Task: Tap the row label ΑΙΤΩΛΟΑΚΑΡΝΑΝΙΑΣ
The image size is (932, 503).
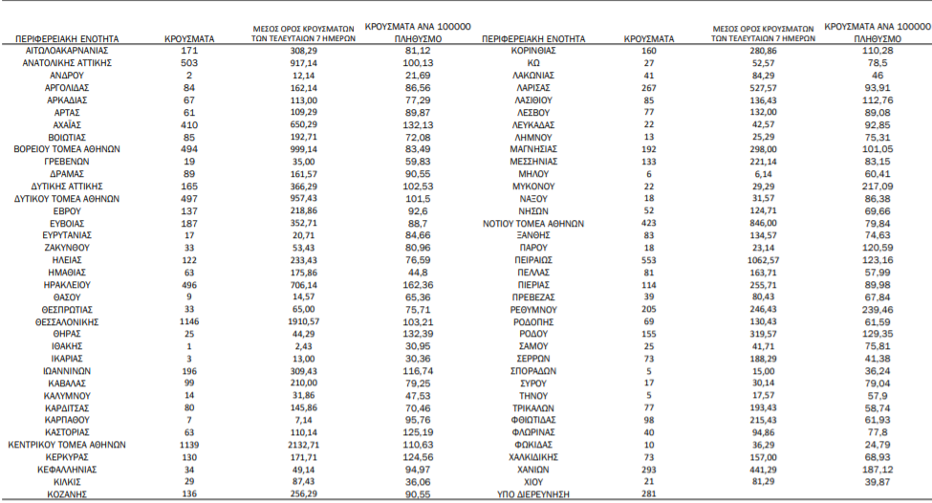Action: (x=66, y=49)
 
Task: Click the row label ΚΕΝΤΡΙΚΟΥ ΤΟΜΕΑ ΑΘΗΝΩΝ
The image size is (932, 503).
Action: (x=66, y=446)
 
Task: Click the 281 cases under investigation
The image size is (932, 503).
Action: (x=649, y=494)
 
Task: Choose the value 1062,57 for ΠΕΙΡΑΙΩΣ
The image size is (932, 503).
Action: (x=762, y=259)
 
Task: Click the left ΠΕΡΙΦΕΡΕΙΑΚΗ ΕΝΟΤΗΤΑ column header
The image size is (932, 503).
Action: (x=65, y=38)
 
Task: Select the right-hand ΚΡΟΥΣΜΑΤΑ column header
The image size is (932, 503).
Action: (x=649, y=38)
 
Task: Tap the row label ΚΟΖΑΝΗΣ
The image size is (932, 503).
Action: (x=65, y=494)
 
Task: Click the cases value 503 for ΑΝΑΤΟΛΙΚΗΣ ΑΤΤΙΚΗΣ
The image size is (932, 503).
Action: (x=188, y=61)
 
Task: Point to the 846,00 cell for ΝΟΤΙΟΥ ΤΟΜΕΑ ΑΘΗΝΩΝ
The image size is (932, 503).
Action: (x=762, y=223)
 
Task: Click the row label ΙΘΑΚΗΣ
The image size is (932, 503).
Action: (x=65, y=346)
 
